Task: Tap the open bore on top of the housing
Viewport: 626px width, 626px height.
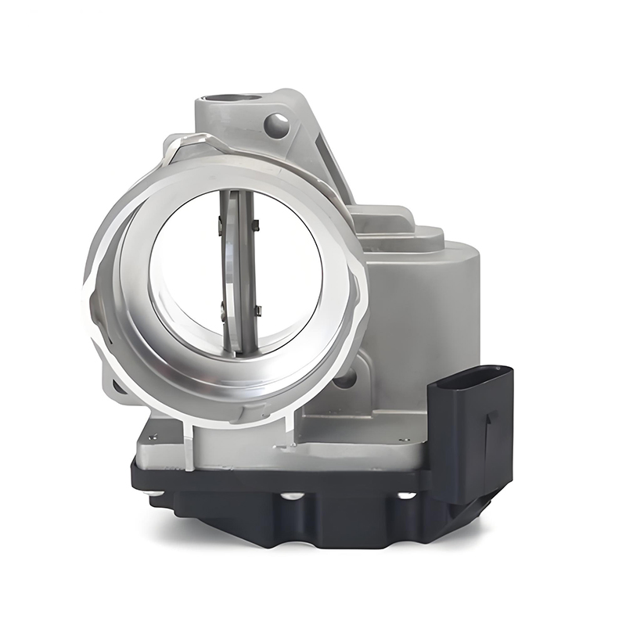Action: (233, 100)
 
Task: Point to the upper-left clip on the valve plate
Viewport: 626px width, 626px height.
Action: (220, 226)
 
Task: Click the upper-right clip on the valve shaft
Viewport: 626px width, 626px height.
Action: (255, 226)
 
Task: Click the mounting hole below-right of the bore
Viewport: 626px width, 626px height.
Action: (344, 379)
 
